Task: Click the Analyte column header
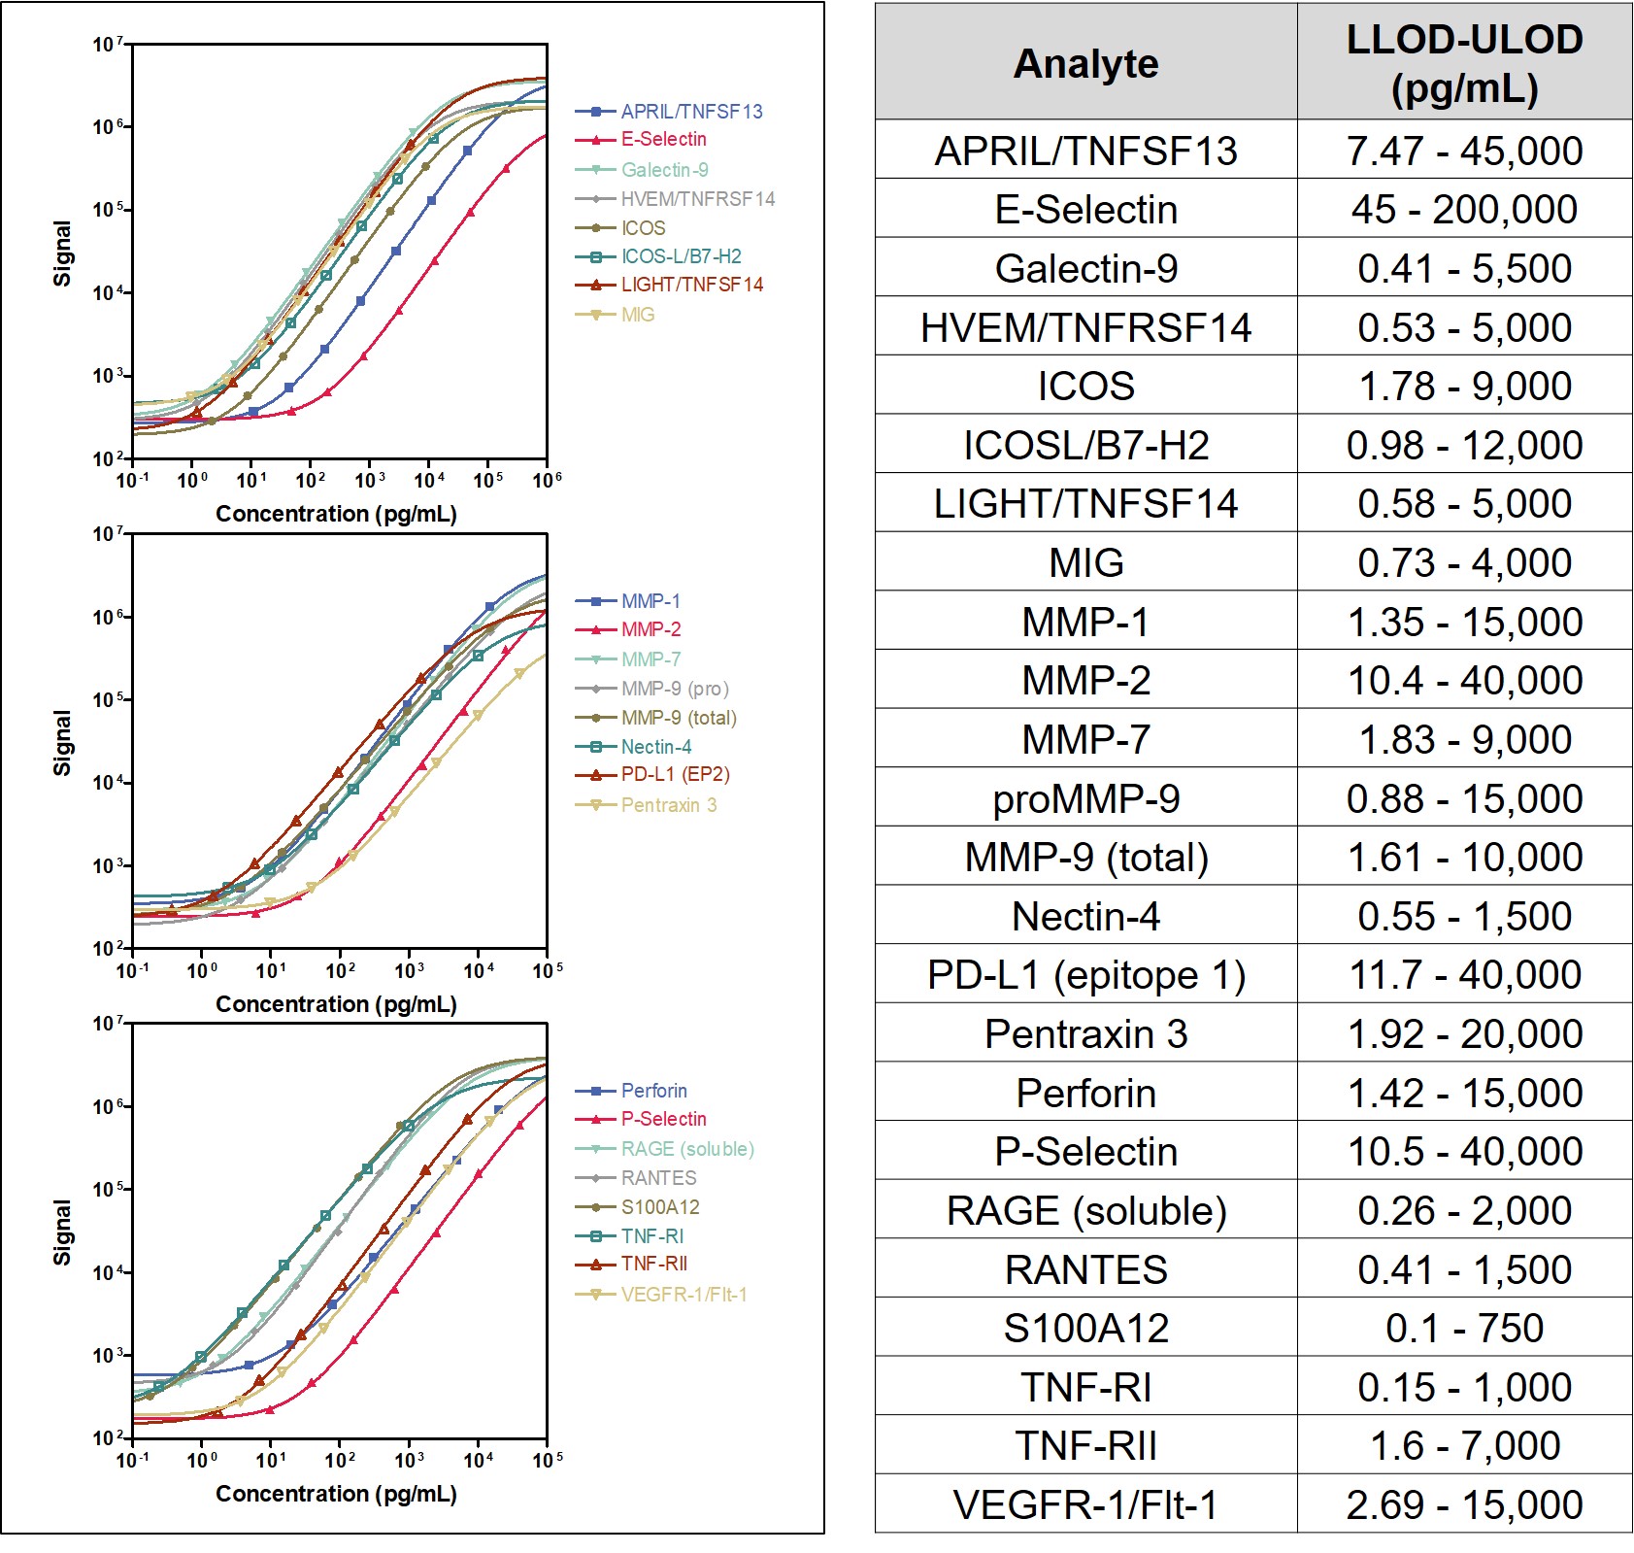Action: click(1085, 64)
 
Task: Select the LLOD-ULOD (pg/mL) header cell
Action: click(1464, 64)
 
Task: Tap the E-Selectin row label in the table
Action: click(1085, 210)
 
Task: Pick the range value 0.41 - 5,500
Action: click(1464, 268)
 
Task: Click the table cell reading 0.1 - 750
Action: click(1464, 1328)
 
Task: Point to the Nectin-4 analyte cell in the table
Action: click(1085, 916)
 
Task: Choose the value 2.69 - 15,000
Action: click(1464, 1504)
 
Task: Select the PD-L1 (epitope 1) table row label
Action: click(1085, 975)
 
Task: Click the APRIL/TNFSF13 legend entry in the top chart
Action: click(691, 112)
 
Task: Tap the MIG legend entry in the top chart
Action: click(638, 315)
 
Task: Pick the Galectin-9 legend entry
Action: click(664, 170)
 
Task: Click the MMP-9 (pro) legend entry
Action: click(675, 689)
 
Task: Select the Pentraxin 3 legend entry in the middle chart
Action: click(668, 805)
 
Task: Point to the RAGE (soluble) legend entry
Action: click(687, 1149)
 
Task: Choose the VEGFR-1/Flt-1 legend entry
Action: click(684, 1295)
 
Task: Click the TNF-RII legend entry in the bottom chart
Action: click(654, 1264)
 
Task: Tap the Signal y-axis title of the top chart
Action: click(62, 253)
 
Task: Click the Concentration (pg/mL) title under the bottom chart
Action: click(336, 1494)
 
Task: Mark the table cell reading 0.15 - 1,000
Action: click(1464, 1387)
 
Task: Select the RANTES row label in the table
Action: click(1085, 1269)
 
